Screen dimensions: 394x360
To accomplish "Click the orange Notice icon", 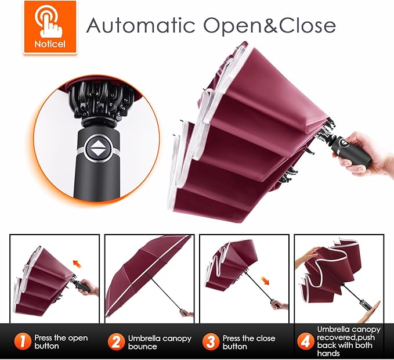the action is pyautogui.click(x=50, y=27).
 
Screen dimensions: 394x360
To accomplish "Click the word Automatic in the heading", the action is pyautogui.click(x=141, y=25).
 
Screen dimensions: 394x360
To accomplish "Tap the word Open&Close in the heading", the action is pyautogui.click(x=269, y=26).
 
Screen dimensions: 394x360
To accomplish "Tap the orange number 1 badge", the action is pyautogui.click(x=23, y=341).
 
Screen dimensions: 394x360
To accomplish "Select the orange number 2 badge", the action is pyautogui.click(x=116, y=341).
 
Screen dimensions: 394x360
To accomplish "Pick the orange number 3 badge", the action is pyautogui.click(x=211, y=341).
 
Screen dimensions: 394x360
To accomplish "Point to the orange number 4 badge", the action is pyautogui.click(x=306, y=341).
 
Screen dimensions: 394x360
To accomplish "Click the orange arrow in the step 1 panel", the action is pyautogui.click(x=77, y=264).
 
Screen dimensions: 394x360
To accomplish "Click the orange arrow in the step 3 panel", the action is pyautogui.click(x=265, y=280).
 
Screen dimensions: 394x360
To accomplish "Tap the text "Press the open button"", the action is pyautogui.click(x=61, y=342).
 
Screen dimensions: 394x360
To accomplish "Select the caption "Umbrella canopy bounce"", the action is pyautogui.click(x=160, y=342).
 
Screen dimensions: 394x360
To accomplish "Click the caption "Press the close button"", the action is pyautogui.click(x=249, y=342).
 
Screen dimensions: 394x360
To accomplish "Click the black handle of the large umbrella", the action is pyautogui.click(x=351, y=150).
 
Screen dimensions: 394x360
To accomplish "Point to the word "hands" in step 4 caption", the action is pyautogui.click(x=328, y=354).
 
